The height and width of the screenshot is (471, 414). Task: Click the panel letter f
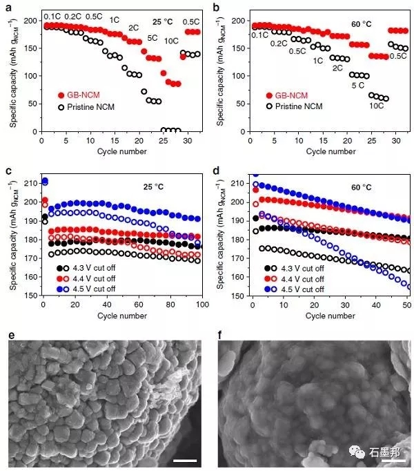point(221,336)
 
